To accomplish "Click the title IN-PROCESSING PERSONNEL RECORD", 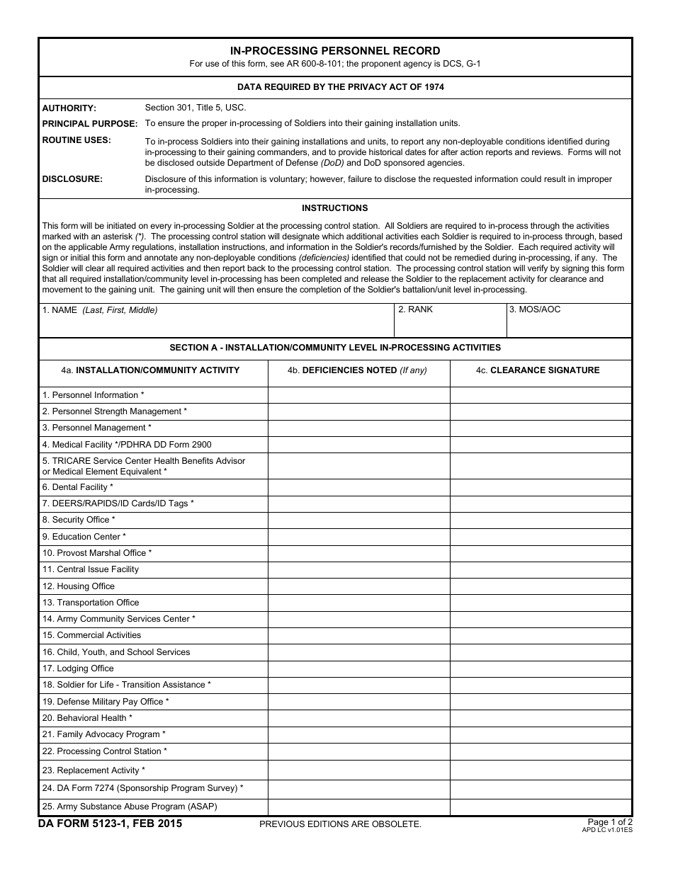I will (335, 51).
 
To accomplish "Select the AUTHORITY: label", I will (69, 108).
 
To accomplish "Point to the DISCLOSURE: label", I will (72, 179).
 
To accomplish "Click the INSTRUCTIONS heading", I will (335, 208).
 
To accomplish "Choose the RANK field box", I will (450, 324).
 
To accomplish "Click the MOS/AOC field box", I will (569, 324).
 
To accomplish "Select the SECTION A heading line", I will (335, 348).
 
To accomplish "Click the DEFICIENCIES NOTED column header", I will (358, 370).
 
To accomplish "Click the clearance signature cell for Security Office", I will (541, 520).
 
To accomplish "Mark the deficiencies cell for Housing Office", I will (358, 586).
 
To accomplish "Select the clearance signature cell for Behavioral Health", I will (541, 718).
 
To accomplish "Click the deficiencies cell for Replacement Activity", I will (358, 770).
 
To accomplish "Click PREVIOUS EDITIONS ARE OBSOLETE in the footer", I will (340, 824).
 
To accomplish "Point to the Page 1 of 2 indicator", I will (610, 822).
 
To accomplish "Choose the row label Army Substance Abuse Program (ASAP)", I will (130, 807).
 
